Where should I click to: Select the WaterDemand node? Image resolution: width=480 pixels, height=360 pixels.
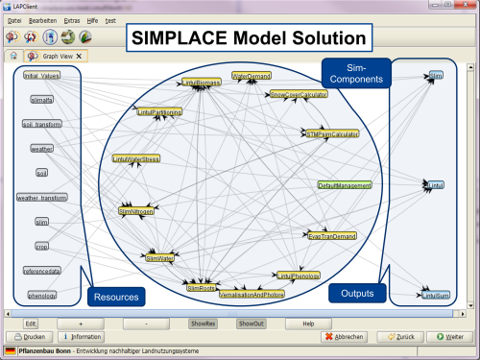(x=252, y=76)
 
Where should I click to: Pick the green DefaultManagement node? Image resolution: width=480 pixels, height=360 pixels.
(x=344, y=185)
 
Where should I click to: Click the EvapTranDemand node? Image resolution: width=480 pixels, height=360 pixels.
(x=331, y=235)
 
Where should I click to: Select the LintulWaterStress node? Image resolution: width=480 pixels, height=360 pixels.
(x=136, y=158)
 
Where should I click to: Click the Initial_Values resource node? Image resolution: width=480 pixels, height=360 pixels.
(x=41, y=76)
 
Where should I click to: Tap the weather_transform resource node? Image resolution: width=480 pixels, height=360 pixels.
(x=41, y=198)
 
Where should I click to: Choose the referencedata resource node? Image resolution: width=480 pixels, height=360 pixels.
(x=41, y=272)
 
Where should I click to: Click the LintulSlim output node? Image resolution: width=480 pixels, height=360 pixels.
(x=435, y=296)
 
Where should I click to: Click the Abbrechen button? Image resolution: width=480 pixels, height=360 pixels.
(x=346, y=338)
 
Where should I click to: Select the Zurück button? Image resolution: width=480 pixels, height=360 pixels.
(x=398, y=338)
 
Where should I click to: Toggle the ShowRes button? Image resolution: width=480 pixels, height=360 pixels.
(x=203, y=324)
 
